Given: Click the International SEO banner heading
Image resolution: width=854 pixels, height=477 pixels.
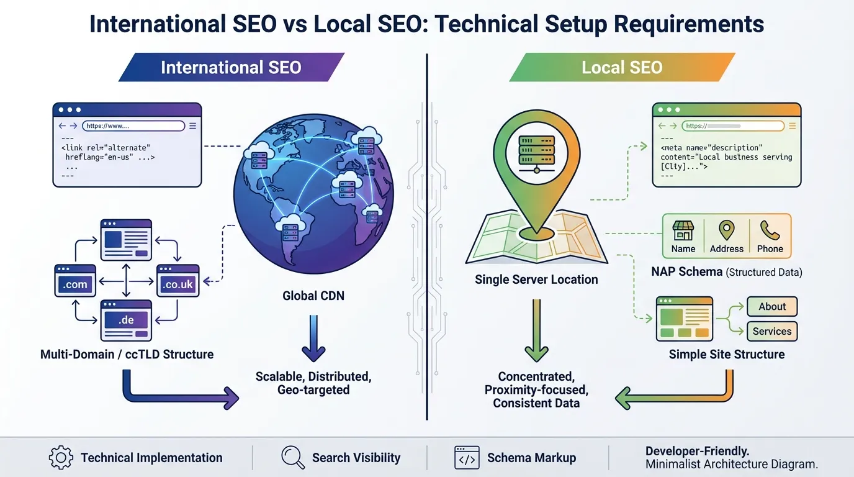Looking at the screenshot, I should [231, 67].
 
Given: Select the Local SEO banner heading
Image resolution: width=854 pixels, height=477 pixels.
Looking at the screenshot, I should [622, 67].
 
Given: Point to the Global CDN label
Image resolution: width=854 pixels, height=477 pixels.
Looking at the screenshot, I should [313, 296].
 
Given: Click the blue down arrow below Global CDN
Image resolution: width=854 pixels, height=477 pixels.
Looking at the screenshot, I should [313, 338].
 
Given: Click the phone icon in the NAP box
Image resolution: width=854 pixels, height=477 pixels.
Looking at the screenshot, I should [770, 231].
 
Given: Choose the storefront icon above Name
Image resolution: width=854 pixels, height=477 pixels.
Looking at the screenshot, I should [683, 230].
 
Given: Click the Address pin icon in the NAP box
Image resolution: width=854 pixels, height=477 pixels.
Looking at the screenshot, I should [726, 230].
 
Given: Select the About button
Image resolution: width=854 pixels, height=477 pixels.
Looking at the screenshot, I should [771, 306].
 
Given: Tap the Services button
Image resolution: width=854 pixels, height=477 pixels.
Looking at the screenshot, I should [771, 331].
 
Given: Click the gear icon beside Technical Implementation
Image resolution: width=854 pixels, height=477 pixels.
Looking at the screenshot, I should [60, 458].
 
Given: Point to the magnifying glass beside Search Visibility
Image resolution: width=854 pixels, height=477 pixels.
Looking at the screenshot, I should [292, 457].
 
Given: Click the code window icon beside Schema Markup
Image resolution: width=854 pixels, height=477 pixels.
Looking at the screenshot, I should [467, 458].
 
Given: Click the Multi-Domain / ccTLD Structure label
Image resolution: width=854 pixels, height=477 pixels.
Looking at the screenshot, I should [127, 355].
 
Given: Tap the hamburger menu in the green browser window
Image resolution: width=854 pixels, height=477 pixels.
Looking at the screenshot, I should [791, 126].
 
